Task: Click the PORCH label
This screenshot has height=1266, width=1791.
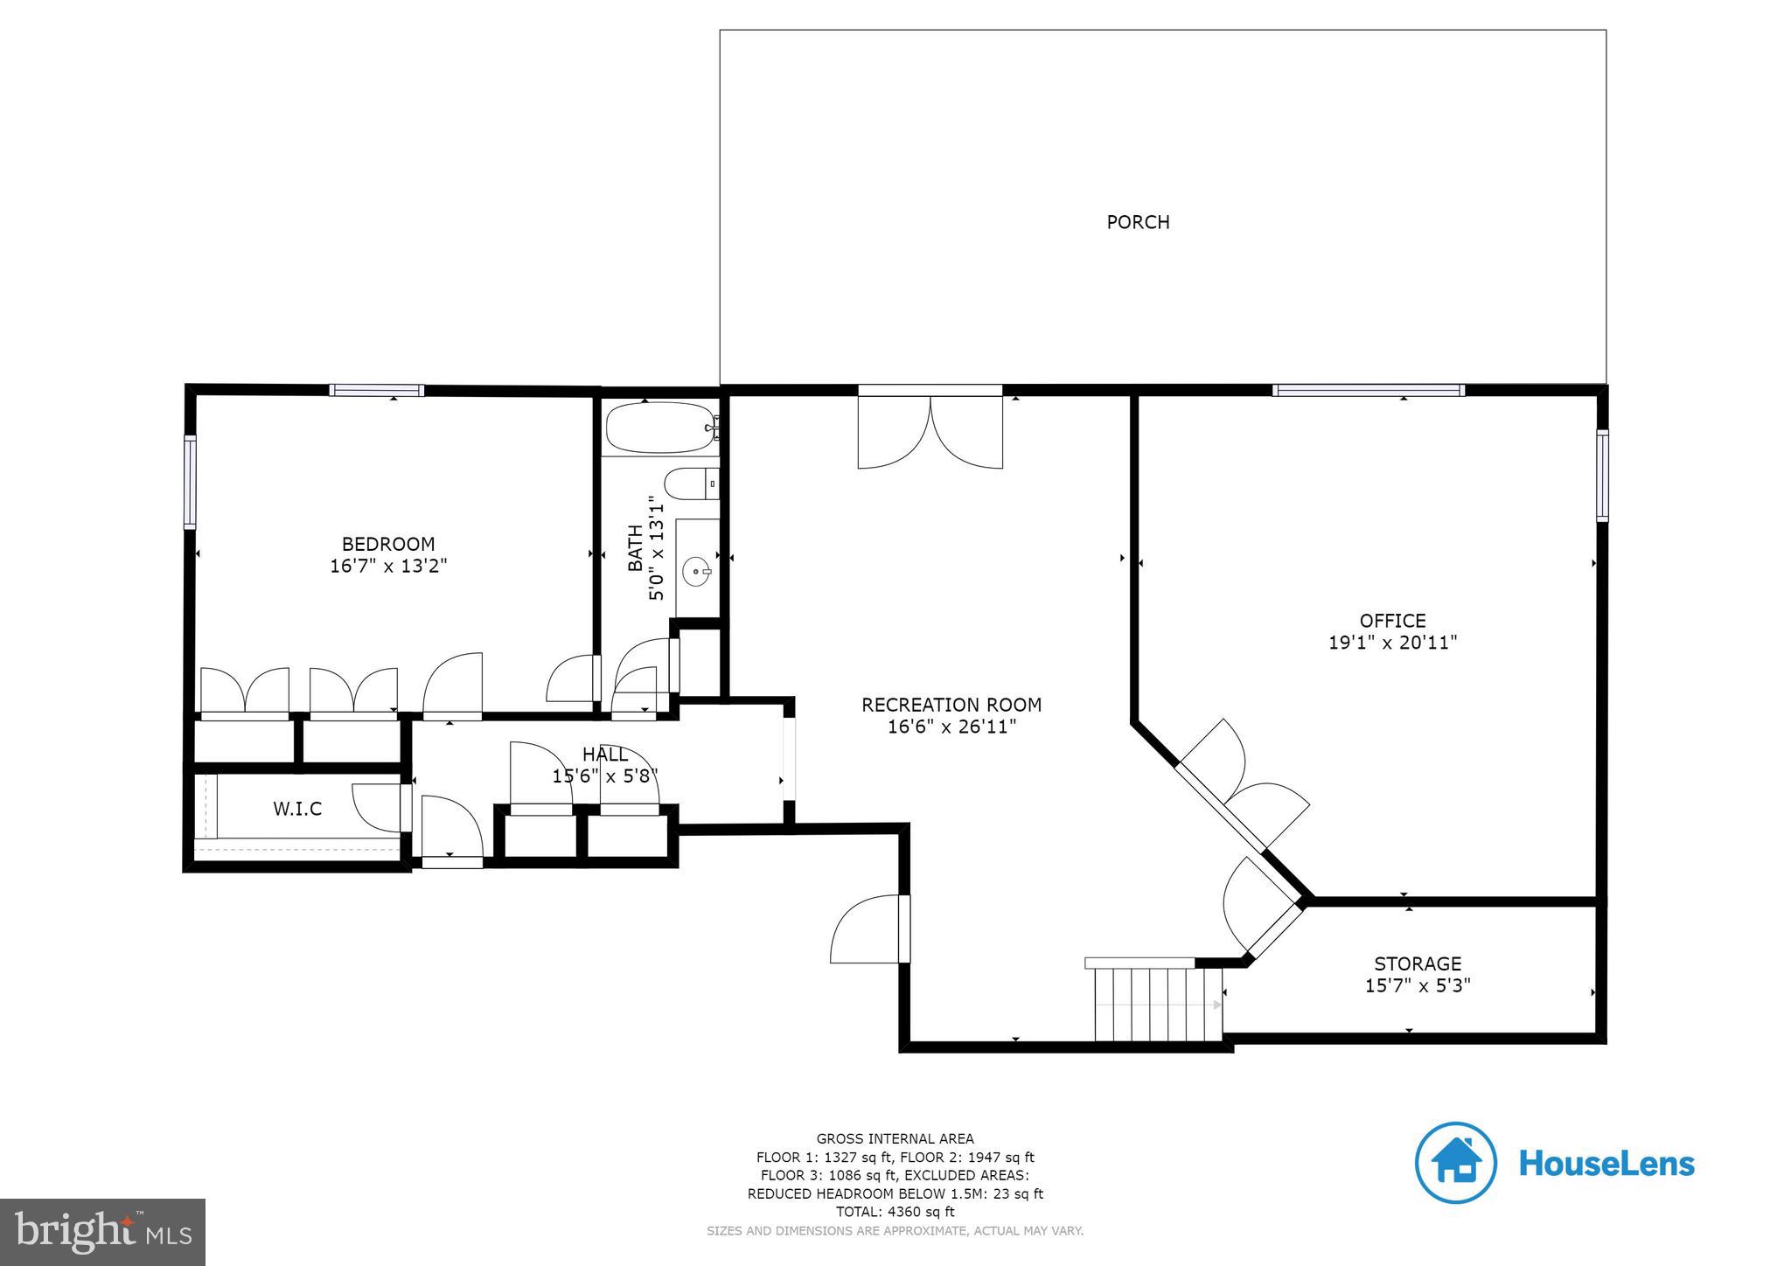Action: pyautogui.click(x=1138, y=222)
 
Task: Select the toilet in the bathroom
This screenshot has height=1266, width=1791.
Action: pyautogui.click(x=691, y=483)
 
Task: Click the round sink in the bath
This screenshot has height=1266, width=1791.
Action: pyautogui.click(x=697, y=574)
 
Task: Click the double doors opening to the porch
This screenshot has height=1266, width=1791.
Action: pyautogui.click(x=930, y=432)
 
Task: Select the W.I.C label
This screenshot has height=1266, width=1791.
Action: pyautogui.click(x=297, y=809)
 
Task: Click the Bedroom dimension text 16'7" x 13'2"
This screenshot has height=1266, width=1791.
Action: pyautogui.click(x=388, y=566)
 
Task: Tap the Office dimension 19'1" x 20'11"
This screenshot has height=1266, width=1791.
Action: pyautogui.click(x=1392, y=643)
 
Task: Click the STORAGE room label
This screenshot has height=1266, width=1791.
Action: pyautogui.click(x=1417, y=963)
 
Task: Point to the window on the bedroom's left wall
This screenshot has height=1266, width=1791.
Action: pyautogui.click(x=189, y=482)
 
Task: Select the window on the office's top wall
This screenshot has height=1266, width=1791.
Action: pyautogui.click(x=1368, y=391)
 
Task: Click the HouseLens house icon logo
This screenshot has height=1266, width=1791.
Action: pyautogui.click(x=1455, y=1162)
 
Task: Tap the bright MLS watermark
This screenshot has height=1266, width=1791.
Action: pyautogui.click(x=102, y=1232)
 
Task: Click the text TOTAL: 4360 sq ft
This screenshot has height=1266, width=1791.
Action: pyautogui.click(x=895, y=1212)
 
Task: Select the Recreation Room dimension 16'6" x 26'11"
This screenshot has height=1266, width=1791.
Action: pyautogui.click(x=951, y=727)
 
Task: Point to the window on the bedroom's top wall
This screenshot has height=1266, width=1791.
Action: pyautogui.click(x=377, y=391)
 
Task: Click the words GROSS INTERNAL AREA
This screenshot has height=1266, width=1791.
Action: pyautogui.click(x=895, y=1138)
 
